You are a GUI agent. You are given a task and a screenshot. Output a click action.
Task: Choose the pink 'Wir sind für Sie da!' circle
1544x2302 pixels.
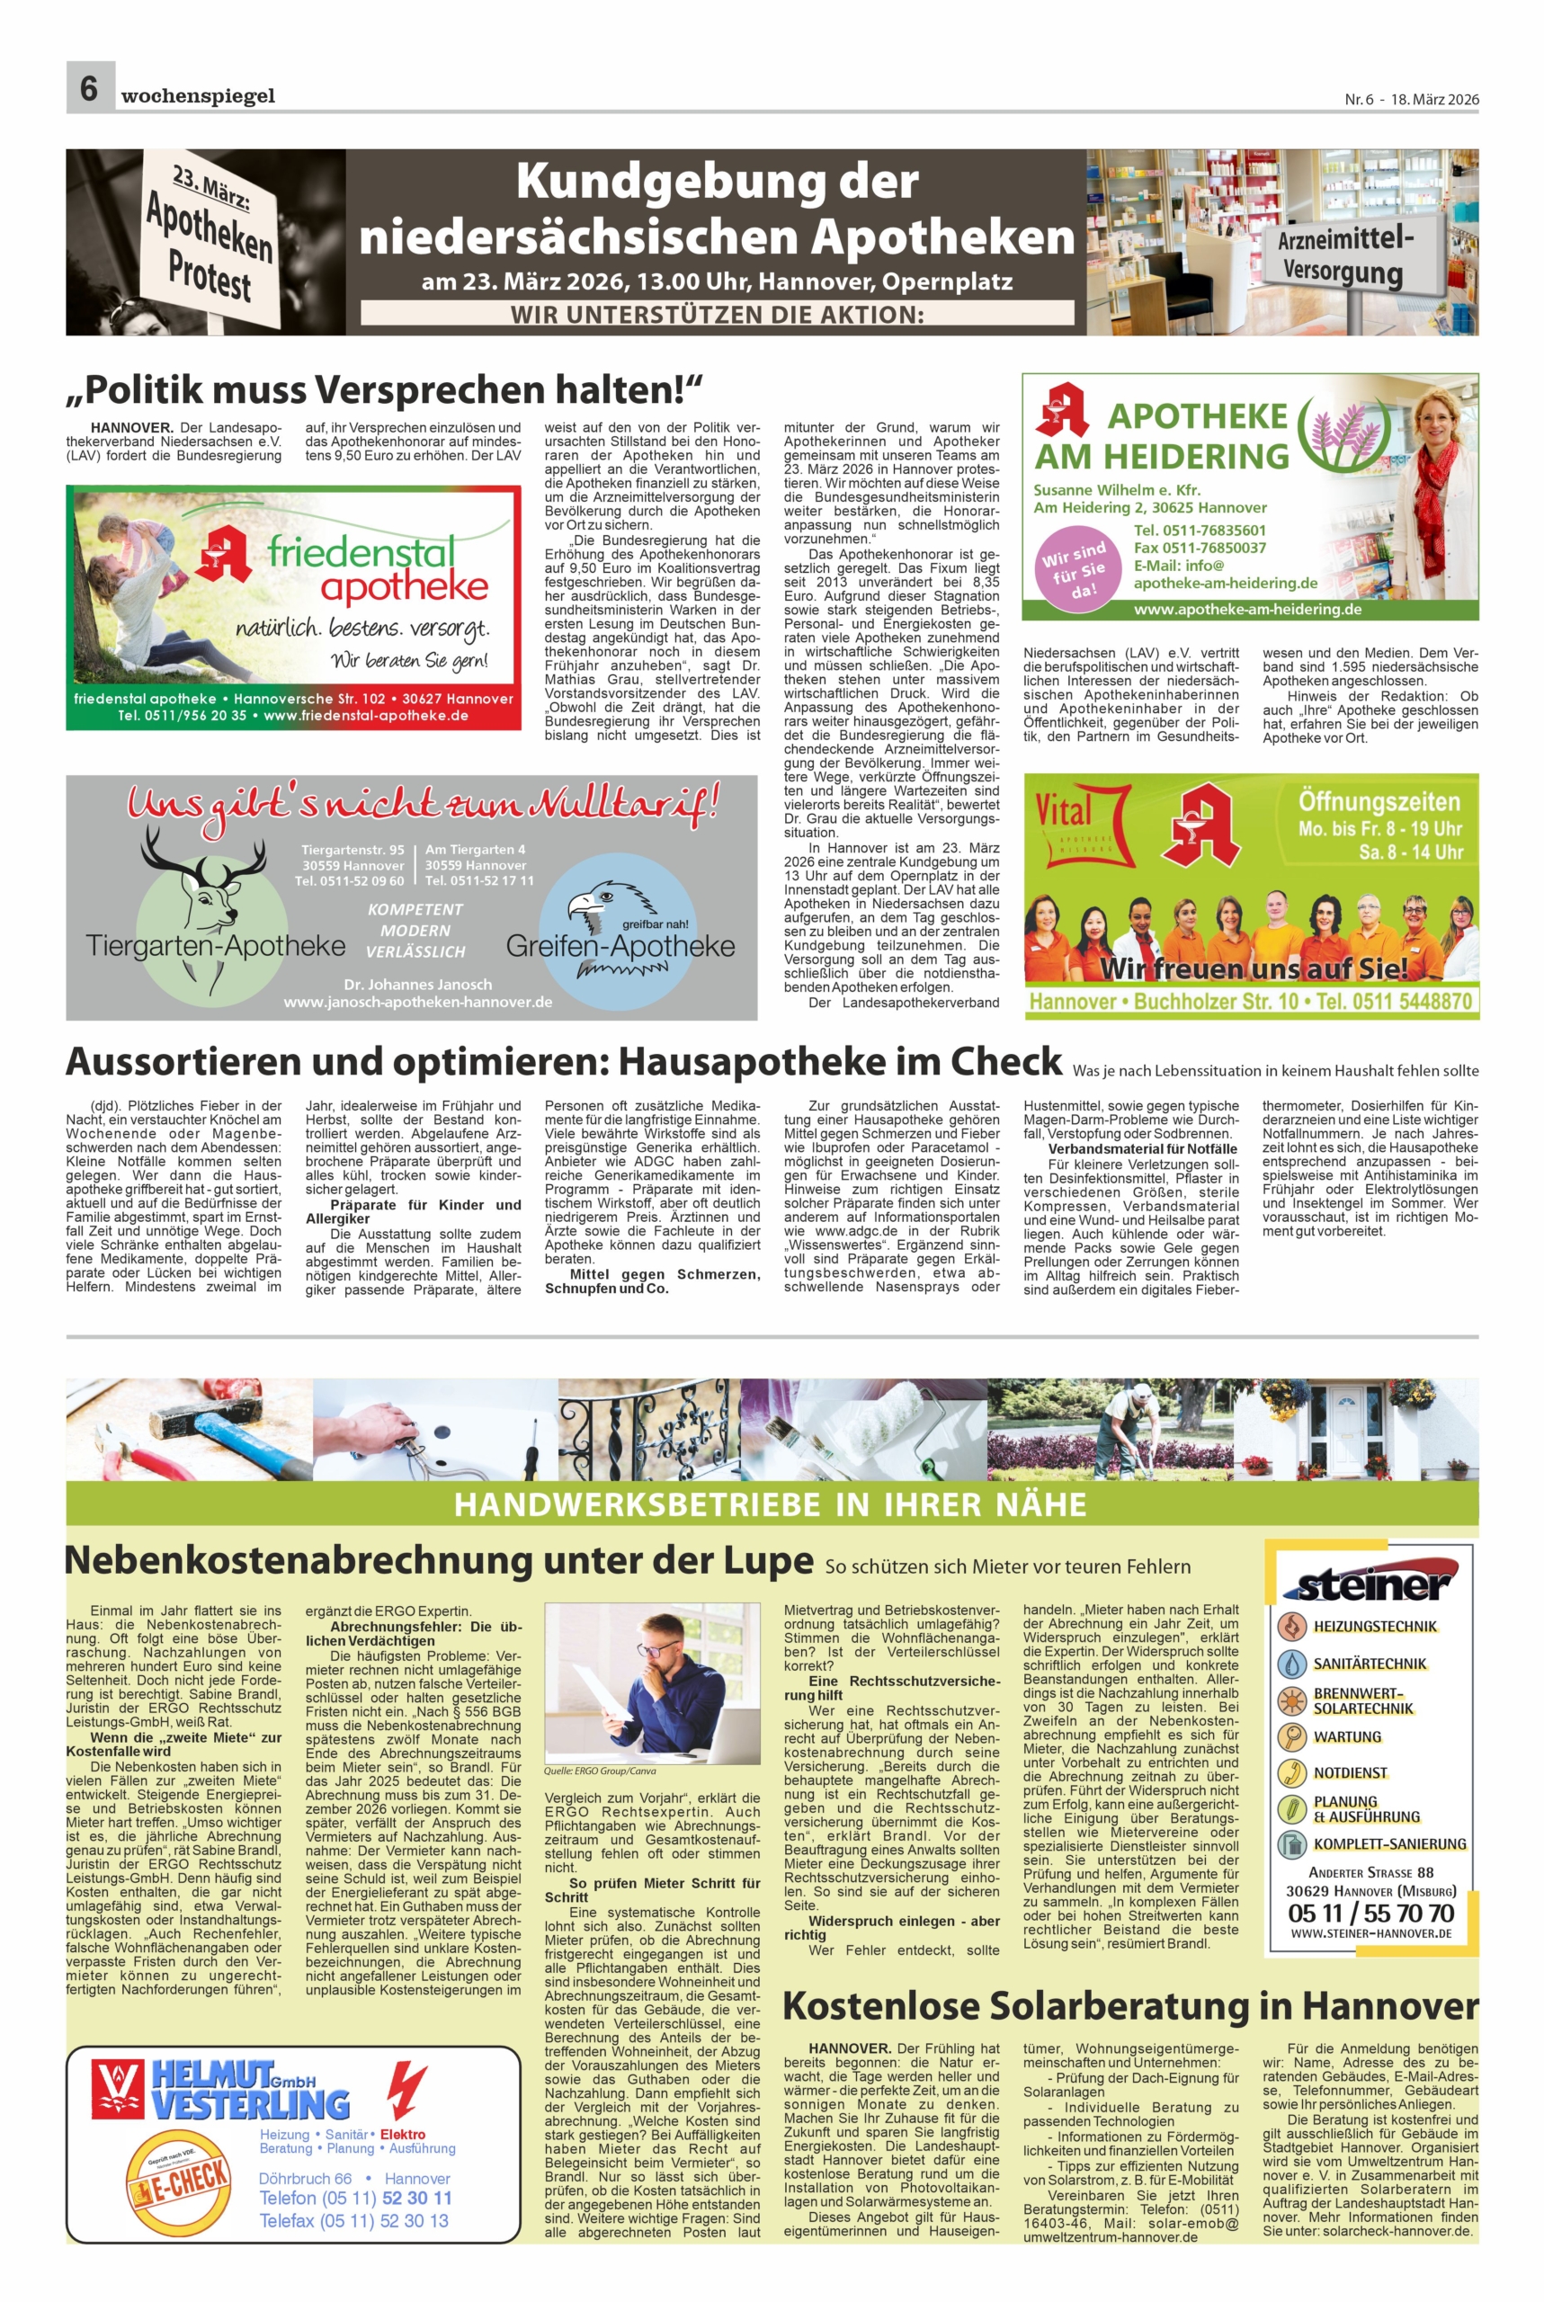(x=1075, y=570)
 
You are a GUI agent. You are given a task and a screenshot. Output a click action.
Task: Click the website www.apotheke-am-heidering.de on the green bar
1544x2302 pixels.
(x=1247, y=610)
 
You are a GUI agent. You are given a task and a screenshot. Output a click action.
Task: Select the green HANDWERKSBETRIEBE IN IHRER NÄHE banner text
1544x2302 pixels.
(x=770, y=1503)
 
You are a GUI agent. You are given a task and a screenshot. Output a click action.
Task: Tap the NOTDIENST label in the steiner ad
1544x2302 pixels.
(x=1349, y=1772)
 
